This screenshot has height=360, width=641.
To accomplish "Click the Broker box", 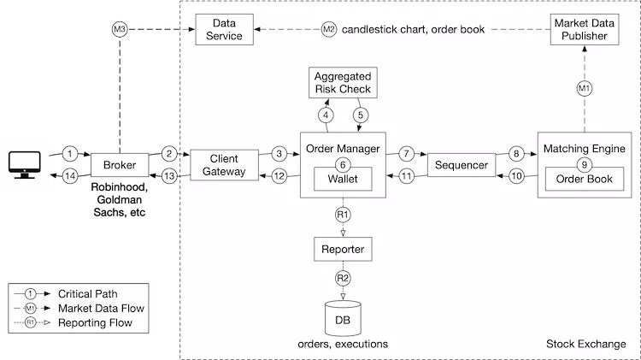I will click(x=119, y=164).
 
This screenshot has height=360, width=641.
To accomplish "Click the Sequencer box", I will click(x=457, y=164).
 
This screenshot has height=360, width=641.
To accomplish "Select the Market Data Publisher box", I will click(x=585, y=29).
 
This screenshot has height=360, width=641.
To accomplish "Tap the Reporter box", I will click(x=342, y=250).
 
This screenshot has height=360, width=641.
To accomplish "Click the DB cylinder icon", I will click(x=342, y=317).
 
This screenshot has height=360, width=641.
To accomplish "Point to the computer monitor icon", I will click(x=23, y=164).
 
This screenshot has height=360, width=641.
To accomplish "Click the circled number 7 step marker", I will click(x=406, y=153).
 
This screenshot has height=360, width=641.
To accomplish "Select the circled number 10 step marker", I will click(x=516, y=176).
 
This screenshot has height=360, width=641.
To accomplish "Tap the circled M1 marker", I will click(x=585, y=88).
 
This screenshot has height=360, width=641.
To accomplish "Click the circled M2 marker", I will click(x=329, y=29).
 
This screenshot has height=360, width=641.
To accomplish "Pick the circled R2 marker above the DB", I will click(x=342, y=279).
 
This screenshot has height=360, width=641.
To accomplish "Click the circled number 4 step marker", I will click(x=325, y=115).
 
